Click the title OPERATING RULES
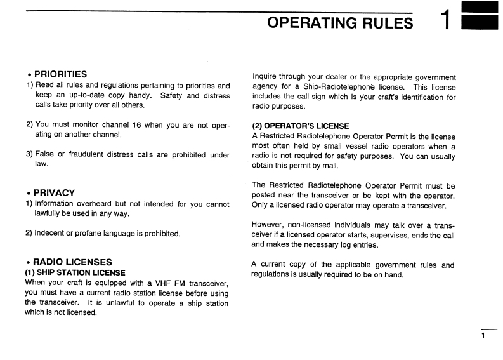(340, 23)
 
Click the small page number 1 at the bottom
(483, 335)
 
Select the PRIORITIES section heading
(60, 74)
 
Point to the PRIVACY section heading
(54, 192)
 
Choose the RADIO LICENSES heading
(72, 262)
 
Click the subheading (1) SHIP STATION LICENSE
(75, 272)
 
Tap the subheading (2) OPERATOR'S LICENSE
(300, 126)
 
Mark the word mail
(330, 166)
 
